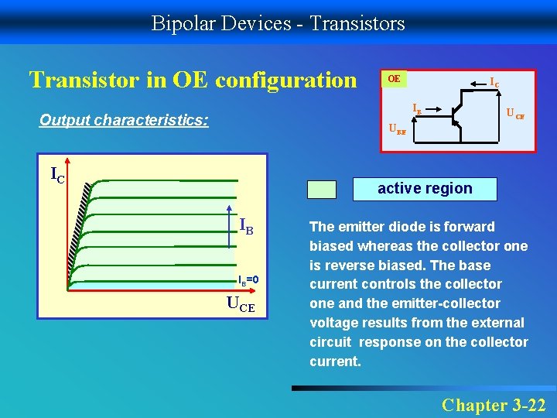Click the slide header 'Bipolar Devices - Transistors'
(x=278, y=23)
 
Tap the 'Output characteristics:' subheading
(x=124, y=121)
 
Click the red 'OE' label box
(x=394, y=79)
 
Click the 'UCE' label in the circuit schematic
(x=515, y=115)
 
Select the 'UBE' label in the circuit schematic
(x=396, y=131)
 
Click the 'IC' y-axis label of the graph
(x=57, y=174)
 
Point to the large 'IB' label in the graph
(x=247, y=227)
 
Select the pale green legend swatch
(x=322, y=190)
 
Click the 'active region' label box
(x=425, y=188)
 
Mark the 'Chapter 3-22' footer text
(x=493, y=405)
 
